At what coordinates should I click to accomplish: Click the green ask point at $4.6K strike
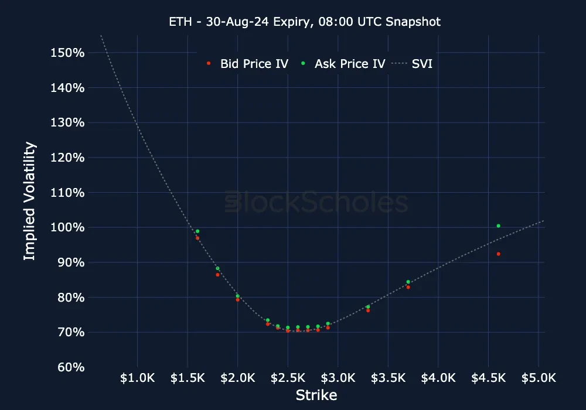point(498,225)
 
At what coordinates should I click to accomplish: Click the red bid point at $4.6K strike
point(498,254)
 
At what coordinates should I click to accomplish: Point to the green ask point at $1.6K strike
point(197,231)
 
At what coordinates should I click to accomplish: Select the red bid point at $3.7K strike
point(408,287)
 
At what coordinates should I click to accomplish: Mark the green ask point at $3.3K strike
point(368,307)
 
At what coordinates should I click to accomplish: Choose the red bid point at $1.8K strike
point(217,275)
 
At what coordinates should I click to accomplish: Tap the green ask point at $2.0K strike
point(237,296)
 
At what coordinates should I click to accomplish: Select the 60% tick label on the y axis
point(72,367)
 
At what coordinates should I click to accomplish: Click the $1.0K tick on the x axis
point(137,378)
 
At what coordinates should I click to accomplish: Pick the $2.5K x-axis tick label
point(288,378)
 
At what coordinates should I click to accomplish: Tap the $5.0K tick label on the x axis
point(539,378)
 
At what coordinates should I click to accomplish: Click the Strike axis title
point(316,395)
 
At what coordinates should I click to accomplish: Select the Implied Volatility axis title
point(30,201)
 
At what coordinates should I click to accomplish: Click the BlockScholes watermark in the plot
point(316,203)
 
